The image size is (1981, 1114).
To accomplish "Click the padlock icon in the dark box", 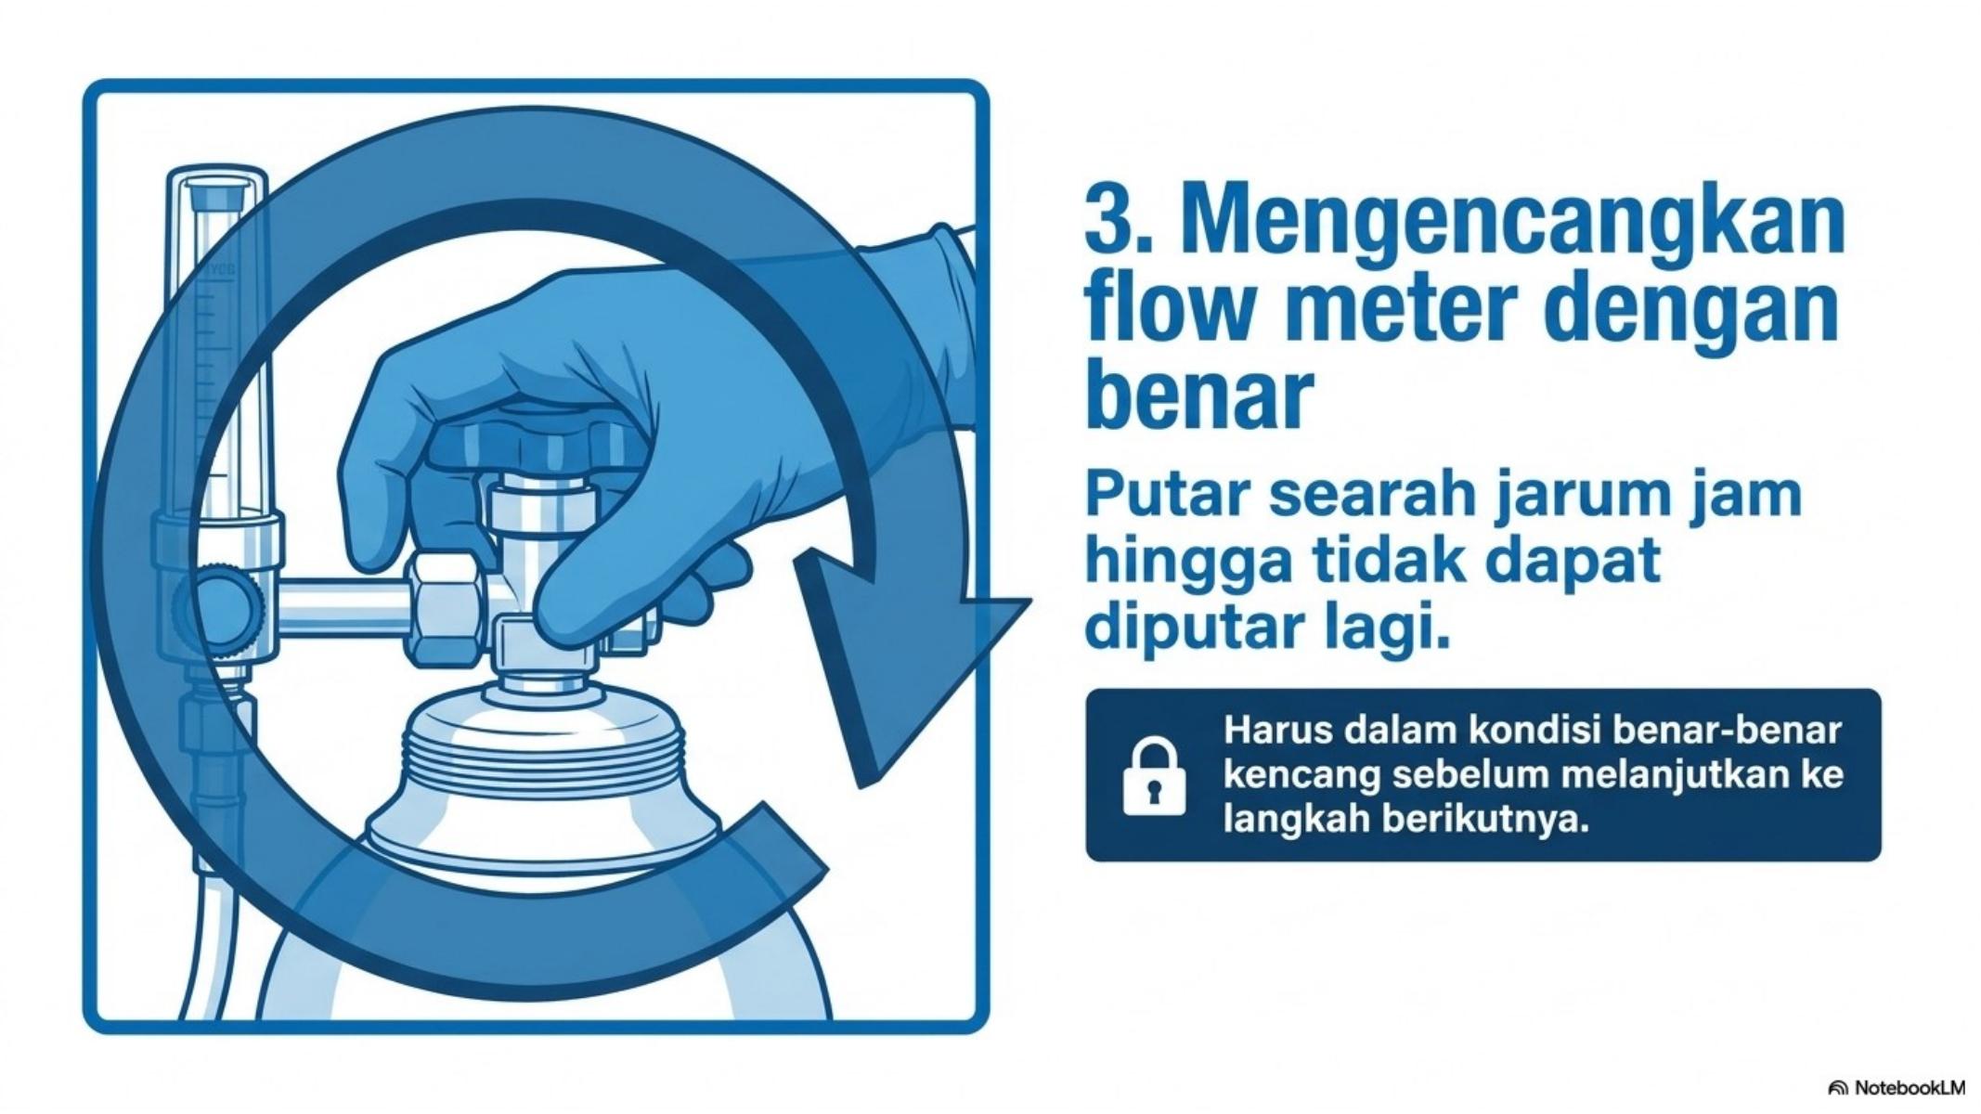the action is tap(1154, 777).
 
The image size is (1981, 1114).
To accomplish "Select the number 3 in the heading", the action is tap(1106, 223).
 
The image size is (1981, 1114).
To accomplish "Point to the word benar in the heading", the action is tap(1199, 396).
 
